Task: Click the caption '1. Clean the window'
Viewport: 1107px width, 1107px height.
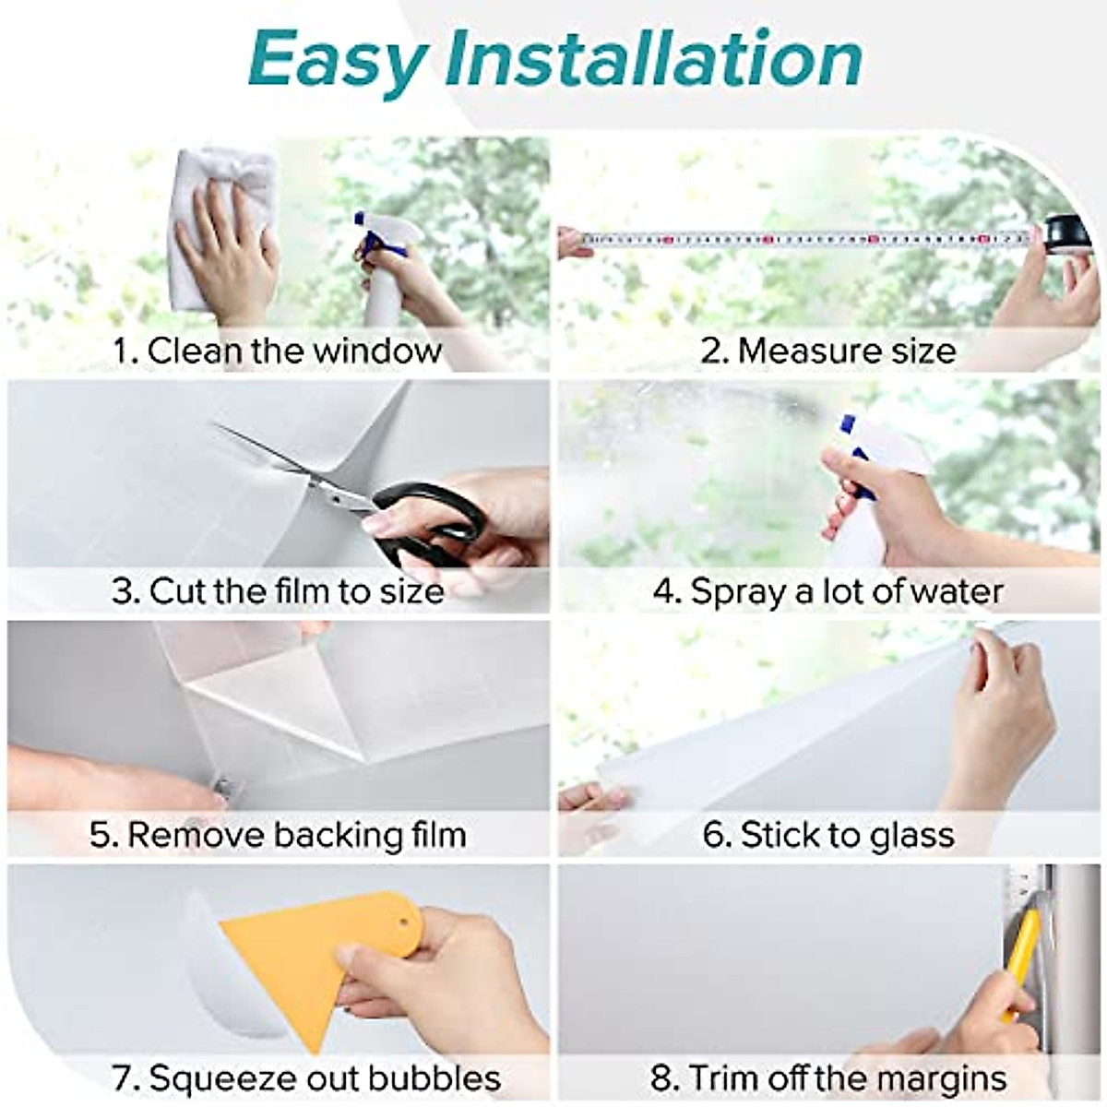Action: (277, 351)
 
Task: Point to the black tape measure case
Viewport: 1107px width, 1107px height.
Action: (1066, 231)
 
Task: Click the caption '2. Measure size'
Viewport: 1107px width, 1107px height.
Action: (827, 351)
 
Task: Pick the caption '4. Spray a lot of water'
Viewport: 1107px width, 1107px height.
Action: (827, 590)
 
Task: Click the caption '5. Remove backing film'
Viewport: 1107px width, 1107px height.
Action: (277, 835)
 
